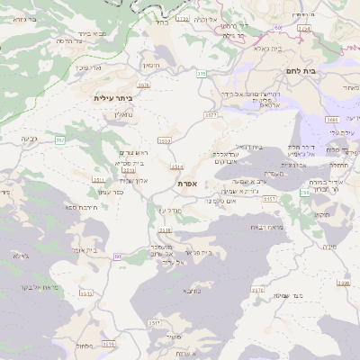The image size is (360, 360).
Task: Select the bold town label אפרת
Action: pyautogui.click(x=188, y=184)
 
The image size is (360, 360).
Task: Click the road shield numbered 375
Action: pyautogui.click(x=202, y=75)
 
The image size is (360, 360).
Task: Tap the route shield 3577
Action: pyautogui.click(x=211, y=115)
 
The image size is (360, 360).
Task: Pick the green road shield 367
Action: pyautogui.click(x=60, y=140)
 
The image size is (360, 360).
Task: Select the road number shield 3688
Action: pyautogui.click(x=332, y=119)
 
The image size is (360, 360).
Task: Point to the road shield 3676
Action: pyautogui.click(x=258, y=290)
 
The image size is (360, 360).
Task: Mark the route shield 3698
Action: pyautogui.click(x=343, y=283)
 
